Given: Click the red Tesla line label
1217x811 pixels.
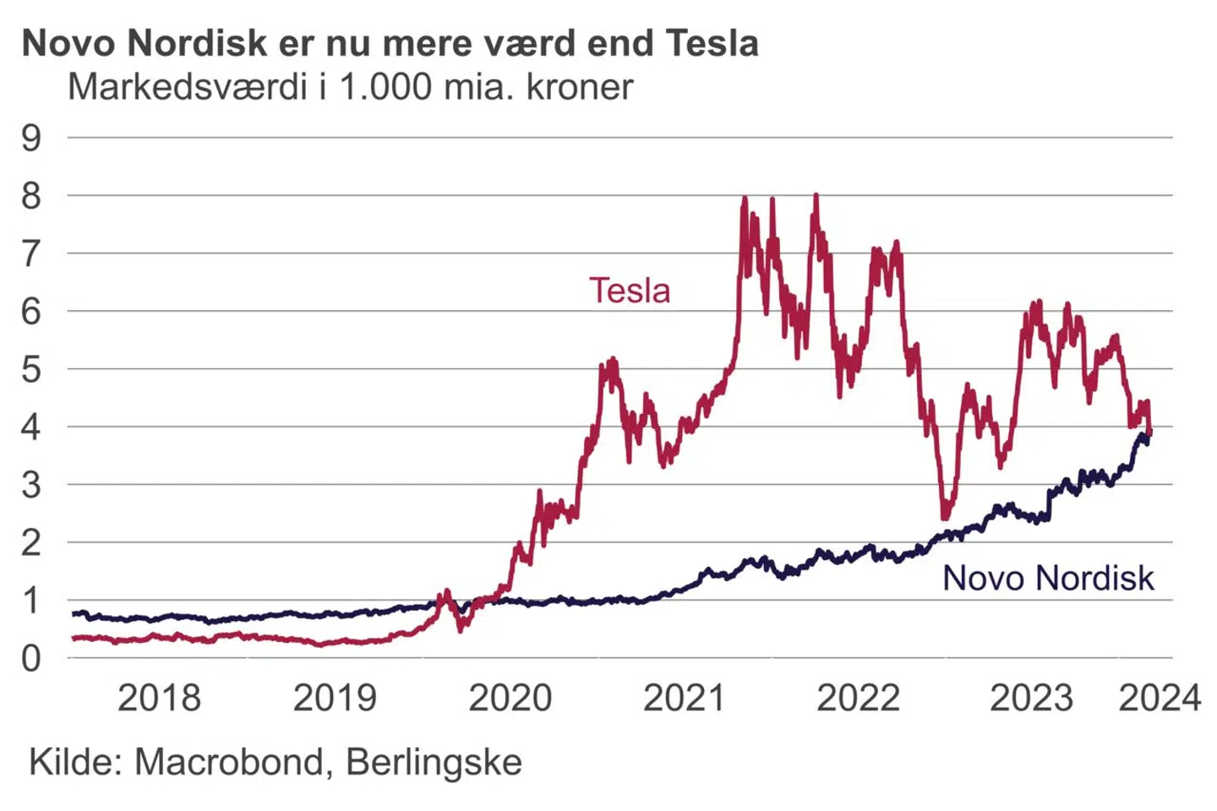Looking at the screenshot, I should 630,291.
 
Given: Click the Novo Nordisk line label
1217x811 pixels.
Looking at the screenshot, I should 1048,578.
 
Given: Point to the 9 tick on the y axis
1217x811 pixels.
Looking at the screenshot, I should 31,138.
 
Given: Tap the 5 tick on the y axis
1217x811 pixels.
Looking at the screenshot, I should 31,369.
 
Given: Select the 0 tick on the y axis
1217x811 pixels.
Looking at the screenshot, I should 31,658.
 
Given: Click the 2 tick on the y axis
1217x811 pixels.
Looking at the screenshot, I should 31,542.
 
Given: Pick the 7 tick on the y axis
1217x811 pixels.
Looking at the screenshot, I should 31,253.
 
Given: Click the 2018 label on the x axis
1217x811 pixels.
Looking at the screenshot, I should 159,699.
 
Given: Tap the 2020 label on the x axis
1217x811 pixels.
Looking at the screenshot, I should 510,699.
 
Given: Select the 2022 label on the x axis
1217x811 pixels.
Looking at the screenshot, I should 858,699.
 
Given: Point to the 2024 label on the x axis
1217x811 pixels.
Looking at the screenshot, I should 1160,699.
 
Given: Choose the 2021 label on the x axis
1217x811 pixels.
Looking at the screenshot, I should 684,699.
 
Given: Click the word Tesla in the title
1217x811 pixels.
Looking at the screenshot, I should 712,43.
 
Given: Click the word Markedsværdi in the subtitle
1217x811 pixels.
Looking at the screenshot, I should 187,87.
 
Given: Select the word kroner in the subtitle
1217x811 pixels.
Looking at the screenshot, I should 580,87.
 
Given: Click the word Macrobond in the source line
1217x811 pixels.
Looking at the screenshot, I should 229,762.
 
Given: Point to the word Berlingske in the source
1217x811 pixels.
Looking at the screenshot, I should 434,762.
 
